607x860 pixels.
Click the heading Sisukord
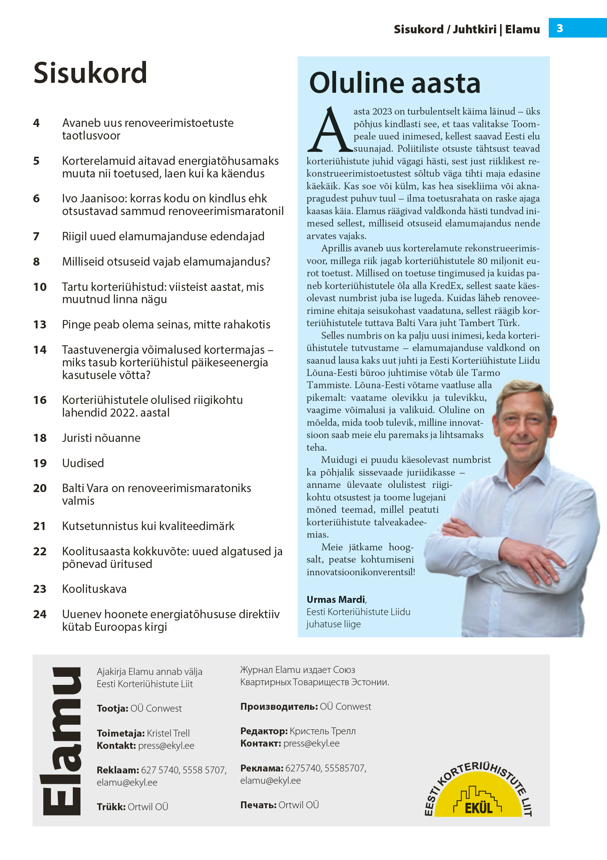point(90,73)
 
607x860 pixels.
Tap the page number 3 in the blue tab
point(560,28)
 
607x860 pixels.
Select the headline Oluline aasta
point(394,83)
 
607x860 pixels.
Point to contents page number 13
point(40,325)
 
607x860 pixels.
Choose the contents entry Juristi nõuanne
point(101,438)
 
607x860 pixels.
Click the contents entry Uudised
point(83,463)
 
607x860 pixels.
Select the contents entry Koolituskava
point(94,589)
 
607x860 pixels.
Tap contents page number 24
point(40,614)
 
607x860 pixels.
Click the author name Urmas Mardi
point(336,599)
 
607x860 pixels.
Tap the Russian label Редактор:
point(264,731)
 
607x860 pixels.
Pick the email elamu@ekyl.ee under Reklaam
point(127,782)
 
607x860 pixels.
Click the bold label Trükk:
point(111,807)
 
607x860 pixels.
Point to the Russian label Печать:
point(258,805)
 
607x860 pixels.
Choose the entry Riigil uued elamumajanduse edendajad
point(163,236)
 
